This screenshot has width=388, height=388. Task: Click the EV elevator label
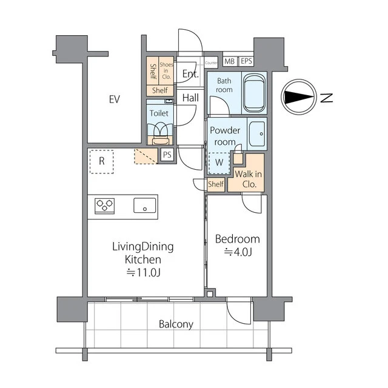(115, 99)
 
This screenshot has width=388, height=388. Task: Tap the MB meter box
(230, 61)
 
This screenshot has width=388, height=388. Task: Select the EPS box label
(246, 61)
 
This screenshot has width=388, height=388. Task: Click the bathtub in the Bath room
(255, 93)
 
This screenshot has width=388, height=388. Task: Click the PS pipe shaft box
(167, 155)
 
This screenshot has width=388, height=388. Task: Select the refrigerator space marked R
(102, 161)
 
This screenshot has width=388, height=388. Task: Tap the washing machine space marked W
(219, 162)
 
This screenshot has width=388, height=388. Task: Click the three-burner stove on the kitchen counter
(105, 206)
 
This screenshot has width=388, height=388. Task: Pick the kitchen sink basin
(145, 205)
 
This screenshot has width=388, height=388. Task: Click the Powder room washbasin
(257, 134)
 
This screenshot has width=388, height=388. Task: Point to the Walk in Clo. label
(249, 179)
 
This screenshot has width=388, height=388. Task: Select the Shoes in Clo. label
(166, 70)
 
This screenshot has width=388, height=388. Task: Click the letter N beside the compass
(326, 98)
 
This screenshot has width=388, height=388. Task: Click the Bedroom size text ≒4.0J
(238, 252)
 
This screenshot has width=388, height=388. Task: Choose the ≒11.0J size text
(144, 272)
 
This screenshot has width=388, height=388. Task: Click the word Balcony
(176, 324)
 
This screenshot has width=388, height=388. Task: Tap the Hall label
(190, 98)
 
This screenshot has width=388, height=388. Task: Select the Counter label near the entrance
(212, 63)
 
